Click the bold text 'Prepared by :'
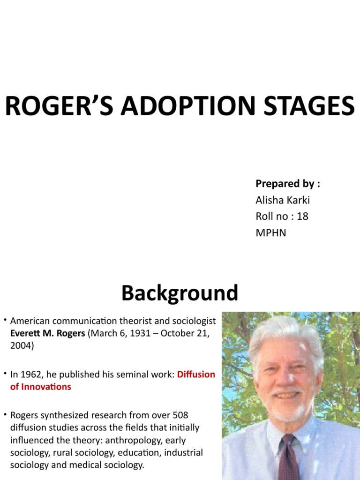288,184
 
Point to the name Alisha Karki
283,200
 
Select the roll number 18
302,216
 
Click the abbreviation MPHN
271,232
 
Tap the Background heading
180,293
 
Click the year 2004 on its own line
20,345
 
